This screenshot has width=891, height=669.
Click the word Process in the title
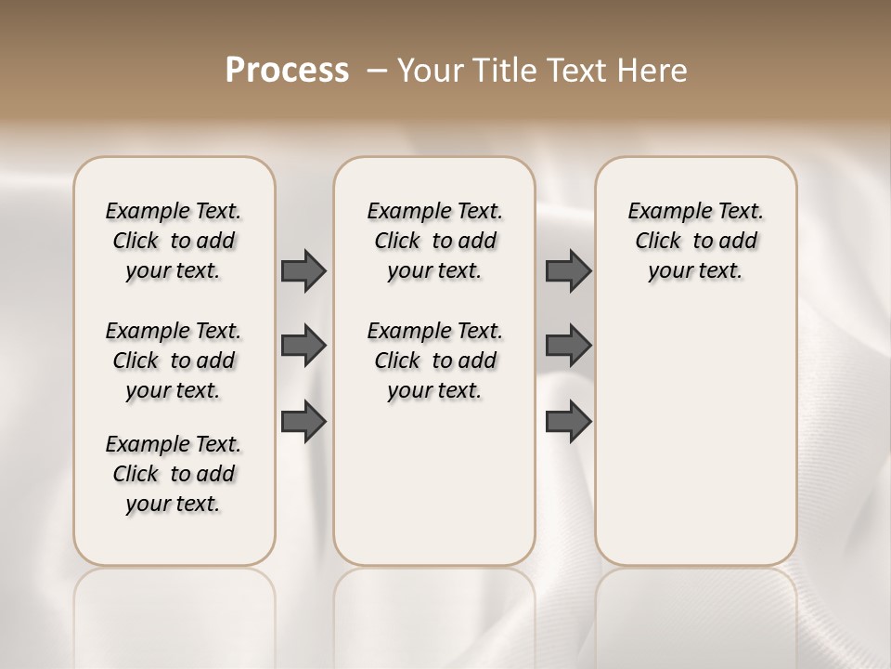click(x=287, y=70)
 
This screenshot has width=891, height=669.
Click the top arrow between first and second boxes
click(x=303, y=270)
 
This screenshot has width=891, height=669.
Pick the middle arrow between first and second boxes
click(x=303, y=346)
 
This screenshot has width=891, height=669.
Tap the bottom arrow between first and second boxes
click(x=303, y=422)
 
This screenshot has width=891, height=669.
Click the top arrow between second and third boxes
click(x=569, y=270)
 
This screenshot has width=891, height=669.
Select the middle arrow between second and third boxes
click(x=569, y=346)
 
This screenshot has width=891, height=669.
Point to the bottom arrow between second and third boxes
click(x=569, y=422)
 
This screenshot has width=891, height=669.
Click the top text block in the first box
click(x=174, y=241)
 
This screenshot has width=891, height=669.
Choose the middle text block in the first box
click(x=174, y=361)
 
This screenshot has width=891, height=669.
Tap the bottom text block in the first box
click(x=174, y=474)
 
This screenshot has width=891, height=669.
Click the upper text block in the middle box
click(x=434, y=241)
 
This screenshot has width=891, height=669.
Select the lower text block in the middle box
click(x=434, y=361)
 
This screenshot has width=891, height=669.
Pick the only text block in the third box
click(x=695, y=241)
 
